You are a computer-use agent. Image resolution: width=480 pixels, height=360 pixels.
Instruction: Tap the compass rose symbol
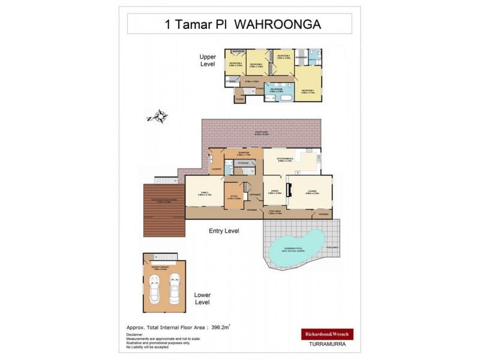point(160,116)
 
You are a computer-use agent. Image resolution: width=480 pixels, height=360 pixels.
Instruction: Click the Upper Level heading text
point(208,60)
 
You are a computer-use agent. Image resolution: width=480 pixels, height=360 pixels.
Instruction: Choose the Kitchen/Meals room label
point(284,159)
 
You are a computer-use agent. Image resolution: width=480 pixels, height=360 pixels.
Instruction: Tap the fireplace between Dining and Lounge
point(289,191)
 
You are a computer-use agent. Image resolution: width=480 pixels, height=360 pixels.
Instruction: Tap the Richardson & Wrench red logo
point(327,334)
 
